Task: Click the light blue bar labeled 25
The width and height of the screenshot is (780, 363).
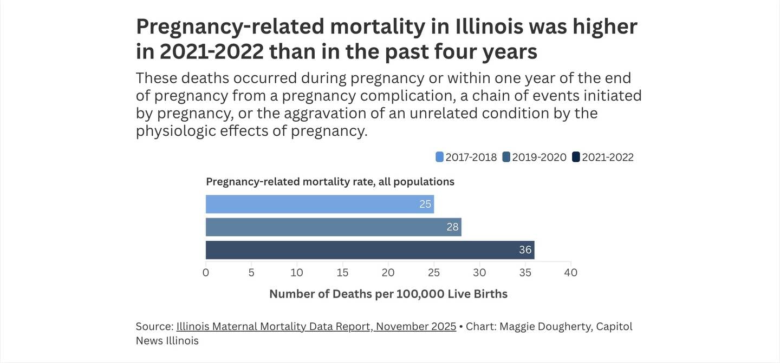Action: point(320,204)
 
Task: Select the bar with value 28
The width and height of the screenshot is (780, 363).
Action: point(333,227)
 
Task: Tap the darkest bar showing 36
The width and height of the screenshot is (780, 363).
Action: point(370,250)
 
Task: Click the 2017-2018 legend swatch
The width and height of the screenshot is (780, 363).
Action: point(439,157)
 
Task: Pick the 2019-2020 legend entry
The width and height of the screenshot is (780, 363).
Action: point(534,157)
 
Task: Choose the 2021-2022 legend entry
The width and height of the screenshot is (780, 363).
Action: point(602,157)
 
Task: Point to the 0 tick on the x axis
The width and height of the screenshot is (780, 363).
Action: point(206,273)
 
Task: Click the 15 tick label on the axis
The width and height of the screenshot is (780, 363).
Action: point(342,273)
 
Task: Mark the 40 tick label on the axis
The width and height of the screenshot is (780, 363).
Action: point(570,273)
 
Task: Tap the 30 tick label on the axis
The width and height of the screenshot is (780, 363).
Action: point(479,273)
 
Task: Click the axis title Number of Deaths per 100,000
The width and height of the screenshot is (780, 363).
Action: point(388,294)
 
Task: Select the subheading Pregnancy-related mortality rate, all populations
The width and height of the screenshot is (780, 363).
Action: point(330,182)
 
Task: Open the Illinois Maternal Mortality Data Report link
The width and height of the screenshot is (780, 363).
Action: point(316,327)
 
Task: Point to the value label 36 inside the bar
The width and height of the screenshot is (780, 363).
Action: point(525,250)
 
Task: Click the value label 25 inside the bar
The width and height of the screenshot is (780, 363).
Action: point(425,204)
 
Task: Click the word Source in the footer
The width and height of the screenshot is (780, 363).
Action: point(154,327)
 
